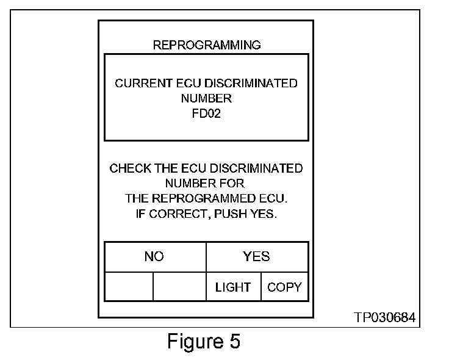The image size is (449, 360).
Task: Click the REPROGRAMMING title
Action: tap(206, 45)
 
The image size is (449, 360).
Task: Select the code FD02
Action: tap(206, 113)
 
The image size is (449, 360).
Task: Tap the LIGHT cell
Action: tap(233, 287)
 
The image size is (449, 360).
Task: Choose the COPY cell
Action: tap(284, 287)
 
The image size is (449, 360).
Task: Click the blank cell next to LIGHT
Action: tap(179, 287)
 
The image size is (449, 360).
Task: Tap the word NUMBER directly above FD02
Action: tap(206, 98)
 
